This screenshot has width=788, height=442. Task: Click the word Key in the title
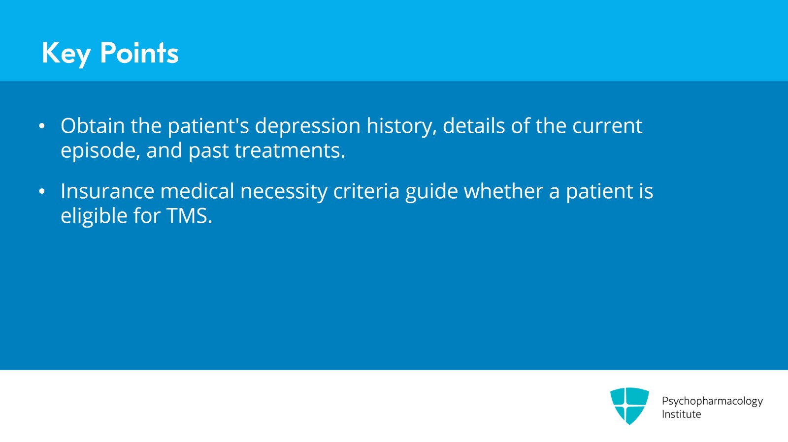pos(66,53)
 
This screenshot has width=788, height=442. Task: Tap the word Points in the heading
pos(139,53)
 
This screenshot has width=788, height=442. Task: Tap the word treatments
pos(290,150)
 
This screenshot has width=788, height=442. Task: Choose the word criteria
pos(366,191)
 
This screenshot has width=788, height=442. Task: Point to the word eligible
pos(94,216)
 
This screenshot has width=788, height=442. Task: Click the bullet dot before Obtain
pos(42,126)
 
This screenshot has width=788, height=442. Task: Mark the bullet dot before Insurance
pos(42,192)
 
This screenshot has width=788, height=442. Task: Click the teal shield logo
pos(629,405)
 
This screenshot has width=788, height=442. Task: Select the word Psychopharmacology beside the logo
pos(712,401)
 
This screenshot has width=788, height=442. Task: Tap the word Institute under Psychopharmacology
pos(681,414)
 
